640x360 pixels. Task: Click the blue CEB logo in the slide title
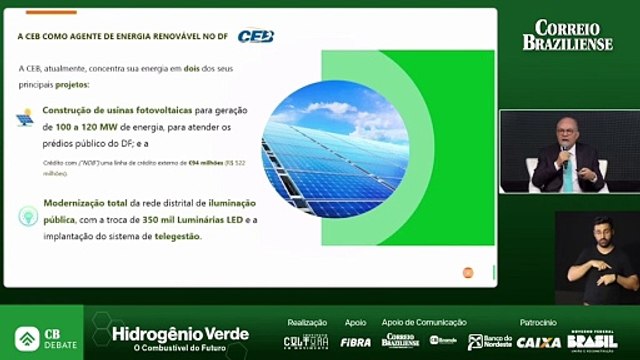pos(256,36)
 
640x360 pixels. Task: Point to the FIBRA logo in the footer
pos(355,341)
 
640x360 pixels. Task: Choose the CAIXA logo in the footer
pos(538,341)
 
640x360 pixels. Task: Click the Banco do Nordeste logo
pos(490,341)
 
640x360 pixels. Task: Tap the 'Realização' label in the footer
pos(307,322)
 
